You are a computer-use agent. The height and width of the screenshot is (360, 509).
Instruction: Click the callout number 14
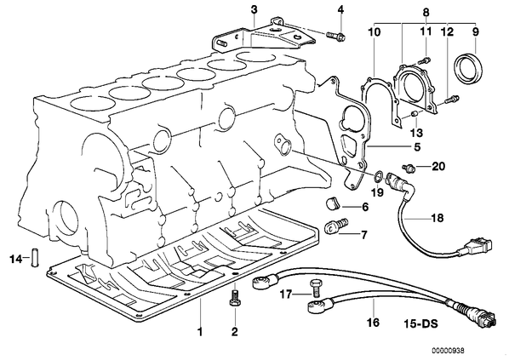pyautogui.click(x=15, y=259)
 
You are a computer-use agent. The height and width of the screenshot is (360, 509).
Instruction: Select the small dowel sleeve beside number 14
pyautogui.click(x=35, y=257)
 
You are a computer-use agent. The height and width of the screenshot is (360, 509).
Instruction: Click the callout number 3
pyautogui.click(x=254, y=9)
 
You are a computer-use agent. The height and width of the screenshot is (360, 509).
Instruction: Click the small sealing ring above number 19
pyautogui.click(x=378, y=176)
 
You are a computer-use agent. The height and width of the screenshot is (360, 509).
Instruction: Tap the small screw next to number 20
pyautogui.click(x=409, y=168)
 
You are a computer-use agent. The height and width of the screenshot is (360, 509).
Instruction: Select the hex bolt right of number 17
pyautogui.click(x=315, y=287)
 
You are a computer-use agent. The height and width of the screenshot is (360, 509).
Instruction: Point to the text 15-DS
pyautogui.click(x=421, y=323)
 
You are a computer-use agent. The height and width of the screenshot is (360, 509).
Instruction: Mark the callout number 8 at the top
pyautogui.click(x=426, y=12)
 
